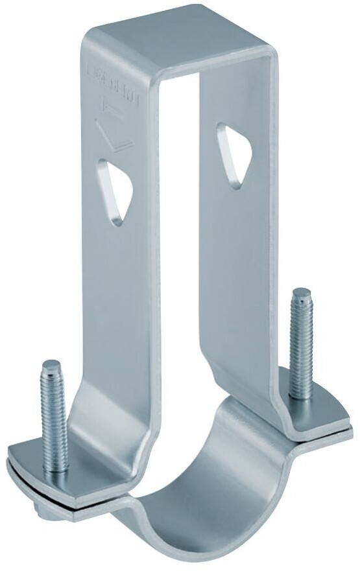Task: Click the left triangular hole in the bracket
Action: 115,191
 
